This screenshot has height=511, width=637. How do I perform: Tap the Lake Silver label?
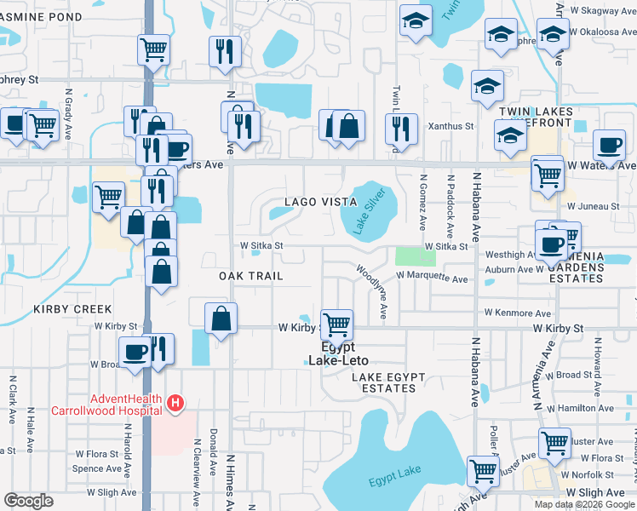365,213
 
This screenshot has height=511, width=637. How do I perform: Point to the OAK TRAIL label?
250,277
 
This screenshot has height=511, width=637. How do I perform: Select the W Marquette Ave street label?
433,278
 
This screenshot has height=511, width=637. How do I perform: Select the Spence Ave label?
96,468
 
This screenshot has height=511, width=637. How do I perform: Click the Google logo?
29,501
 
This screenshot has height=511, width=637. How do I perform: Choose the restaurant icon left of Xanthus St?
400,128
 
